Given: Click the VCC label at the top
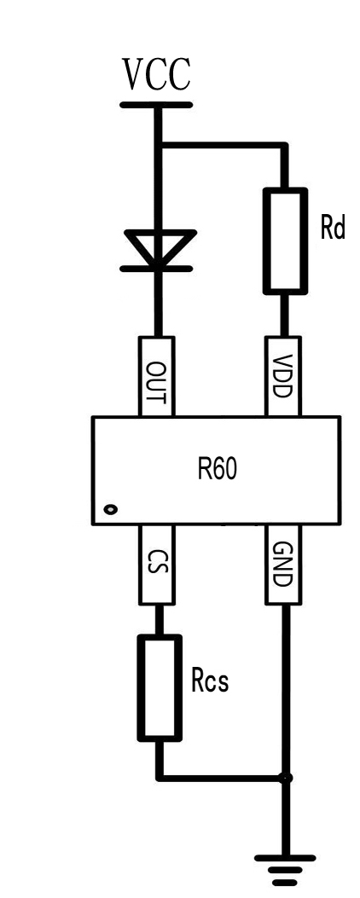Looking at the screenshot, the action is (156, 74).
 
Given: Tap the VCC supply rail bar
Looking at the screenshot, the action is (156, 105).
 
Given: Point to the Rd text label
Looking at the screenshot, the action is (333, 229).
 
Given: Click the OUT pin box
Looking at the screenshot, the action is (156, 376).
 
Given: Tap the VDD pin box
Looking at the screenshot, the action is (283, 376).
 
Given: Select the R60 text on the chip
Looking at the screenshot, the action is (217, 470).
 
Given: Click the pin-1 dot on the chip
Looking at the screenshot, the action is (111, 508).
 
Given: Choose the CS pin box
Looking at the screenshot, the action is (156, 564).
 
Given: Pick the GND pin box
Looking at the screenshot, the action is (283, 564).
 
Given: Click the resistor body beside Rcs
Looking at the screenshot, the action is (160, 687).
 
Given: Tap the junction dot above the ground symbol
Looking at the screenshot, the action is (285, 778).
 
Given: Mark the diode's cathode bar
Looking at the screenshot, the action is (156, 268).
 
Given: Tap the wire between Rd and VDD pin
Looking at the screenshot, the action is (284, 314).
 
